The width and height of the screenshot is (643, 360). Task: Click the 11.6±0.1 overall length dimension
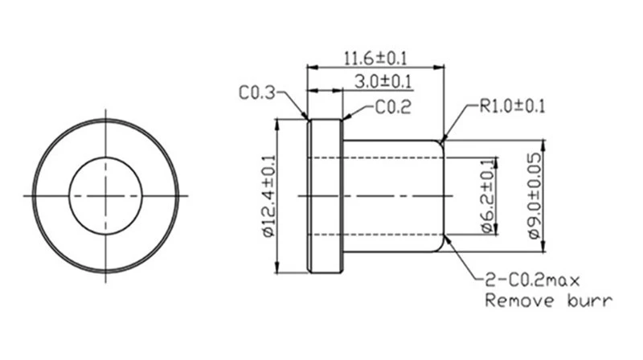pos(375,59)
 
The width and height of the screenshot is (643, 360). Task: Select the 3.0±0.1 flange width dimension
pos(383,81)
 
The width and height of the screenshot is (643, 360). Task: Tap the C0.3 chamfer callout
pos(256,93)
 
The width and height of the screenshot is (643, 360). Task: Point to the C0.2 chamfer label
pos(393,108)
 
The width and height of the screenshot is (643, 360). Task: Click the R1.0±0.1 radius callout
pos(513,106)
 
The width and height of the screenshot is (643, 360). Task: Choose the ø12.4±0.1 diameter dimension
pos(268,196)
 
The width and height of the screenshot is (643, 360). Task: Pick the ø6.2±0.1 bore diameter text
pos(487,196)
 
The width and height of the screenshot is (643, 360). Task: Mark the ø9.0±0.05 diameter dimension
pos(534,196)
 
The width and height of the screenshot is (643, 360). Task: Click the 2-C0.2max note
pos(533,280)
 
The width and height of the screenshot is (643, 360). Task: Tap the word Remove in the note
pos(519,301)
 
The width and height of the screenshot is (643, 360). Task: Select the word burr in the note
pos(590,301)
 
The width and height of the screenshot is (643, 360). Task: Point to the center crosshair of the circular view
pos(105,195)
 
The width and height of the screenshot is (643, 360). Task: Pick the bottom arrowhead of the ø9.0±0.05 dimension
pos(543,247)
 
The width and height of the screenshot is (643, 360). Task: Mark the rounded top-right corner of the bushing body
pos(440,143)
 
